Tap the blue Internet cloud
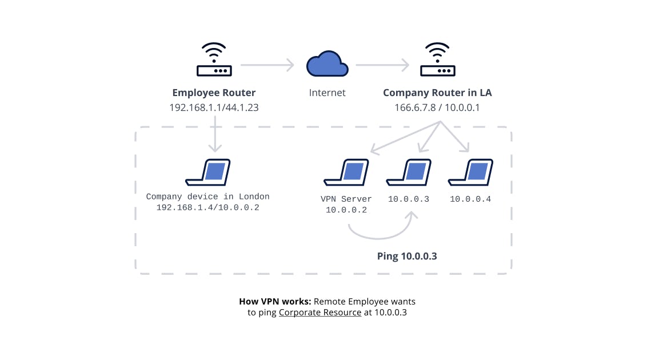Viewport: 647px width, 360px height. pos(327,64)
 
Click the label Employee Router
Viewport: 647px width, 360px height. pos(214,93)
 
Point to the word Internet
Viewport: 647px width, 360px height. pos(327,93)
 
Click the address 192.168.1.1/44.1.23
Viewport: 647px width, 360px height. pos(214,107)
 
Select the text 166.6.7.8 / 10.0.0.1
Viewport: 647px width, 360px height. pos(437,107)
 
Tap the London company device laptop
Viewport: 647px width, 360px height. pos(207,173)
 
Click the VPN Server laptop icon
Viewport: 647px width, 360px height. pos(346,173)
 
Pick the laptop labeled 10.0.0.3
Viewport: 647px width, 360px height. pos(408,173)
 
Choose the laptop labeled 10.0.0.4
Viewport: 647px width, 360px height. pos(470,173)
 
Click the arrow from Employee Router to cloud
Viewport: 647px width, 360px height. pos(266,65)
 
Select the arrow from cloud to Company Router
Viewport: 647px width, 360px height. pos(382,65)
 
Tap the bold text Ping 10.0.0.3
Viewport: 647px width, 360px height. pos(407,256)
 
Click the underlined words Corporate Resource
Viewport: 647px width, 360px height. pos(320,313)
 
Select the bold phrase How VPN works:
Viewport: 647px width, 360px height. pos(275,301)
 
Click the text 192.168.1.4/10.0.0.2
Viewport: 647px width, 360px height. pos(207,207)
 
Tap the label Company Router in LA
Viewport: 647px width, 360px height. pos(437,93)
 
